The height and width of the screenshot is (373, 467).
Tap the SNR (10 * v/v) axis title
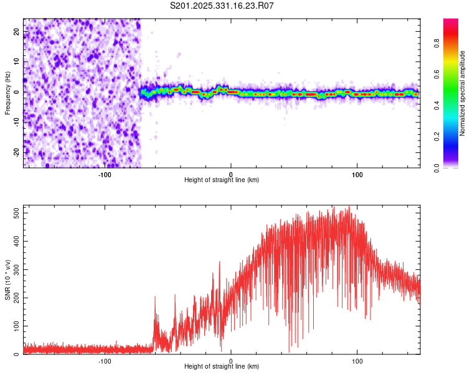point(7,280)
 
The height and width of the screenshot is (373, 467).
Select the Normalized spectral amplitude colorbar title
point(462,93)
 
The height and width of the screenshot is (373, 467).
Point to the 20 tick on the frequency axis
point(17,30)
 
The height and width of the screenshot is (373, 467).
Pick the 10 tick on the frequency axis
point(17,61)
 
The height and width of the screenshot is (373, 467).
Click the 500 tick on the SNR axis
point(15,213)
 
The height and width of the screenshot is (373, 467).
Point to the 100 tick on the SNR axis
point(15,326)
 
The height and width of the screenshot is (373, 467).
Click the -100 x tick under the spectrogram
point(104,175)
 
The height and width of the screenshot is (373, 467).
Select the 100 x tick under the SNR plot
point(357,361)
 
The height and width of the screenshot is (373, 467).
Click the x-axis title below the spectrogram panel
point(222,180)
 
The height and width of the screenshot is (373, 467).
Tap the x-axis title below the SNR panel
point(222,367)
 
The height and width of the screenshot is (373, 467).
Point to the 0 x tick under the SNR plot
point(231,361)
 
